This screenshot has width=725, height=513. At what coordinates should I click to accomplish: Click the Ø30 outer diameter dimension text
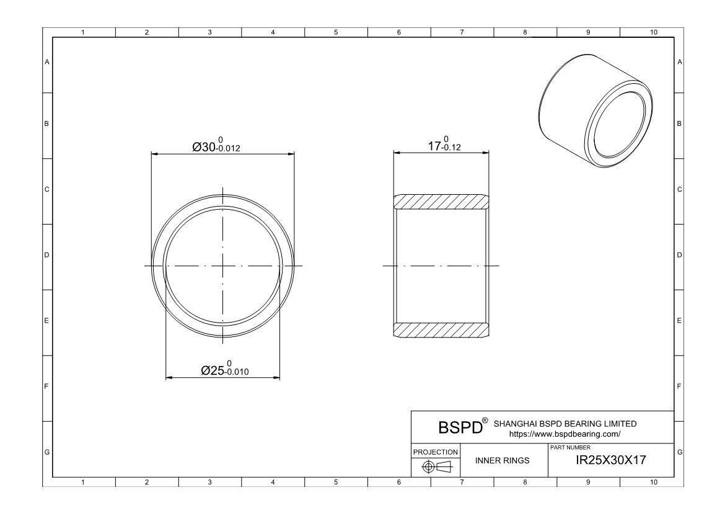[x=216, y=146]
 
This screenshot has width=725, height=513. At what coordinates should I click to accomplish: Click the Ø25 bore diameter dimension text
[x=224, y=369]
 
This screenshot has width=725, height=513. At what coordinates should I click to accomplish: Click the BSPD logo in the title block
[x=460, y=428]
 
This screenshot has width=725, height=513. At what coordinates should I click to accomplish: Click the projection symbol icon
[x=436, y=466]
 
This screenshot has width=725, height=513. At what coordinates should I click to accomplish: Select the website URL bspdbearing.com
[x=565, y=435]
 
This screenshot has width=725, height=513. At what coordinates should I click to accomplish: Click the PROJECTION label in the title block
[x=436, y=452]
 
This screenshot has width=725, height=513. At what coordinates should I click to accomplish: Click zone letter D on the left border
[x=46, y=255]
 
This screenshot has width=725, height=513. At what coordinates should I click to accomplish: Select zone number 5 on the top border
[x=335, y=32]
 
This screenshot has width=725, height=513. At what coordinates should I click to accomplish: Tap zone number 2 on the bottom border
[x=147, y=482]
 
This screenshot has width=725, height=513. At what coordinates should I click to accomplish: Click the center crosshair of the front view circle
[x=223, y=266]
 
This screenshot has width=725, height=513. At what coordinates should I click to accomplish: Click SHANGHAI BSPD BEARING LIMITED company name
[x=565, y=424]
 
